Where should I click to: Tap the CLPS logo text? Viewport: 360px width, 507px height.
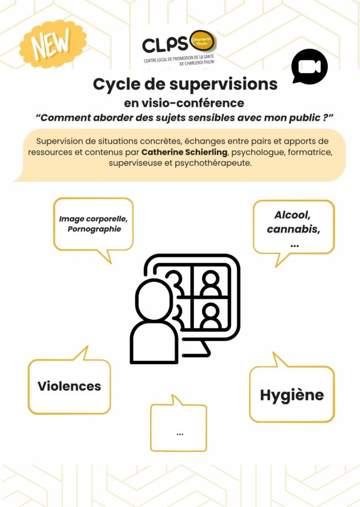165,45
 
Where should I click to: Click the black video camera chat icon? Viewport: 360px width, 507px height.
309,66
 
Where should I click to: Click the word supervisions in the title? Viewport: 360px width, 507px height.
224,84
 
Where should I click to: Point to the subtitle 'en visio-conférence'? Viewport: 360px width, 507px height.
184,103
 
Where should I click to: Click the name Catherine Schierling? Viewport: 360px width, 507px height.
184,152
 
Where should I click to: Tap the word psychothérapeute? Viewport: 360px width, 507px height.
213,163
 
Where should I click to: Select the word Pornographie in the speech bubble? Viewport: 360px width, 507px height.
95,229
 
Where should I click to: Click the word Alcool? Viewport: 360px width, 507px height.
292,215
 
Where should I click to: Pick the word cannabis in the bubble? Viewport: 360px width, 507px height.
294,229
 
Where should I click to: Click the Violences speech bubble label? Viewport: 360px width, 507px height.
69,386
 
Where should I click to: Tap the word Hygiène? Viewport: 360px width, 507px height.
292,395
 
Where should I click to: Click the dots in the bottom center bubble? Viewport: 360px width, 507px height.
180,434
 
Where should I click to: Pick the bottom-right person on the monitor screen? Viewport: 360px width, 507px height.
210,315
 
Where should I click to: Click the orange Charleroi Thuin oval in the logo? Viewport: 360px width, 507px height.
203,42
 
